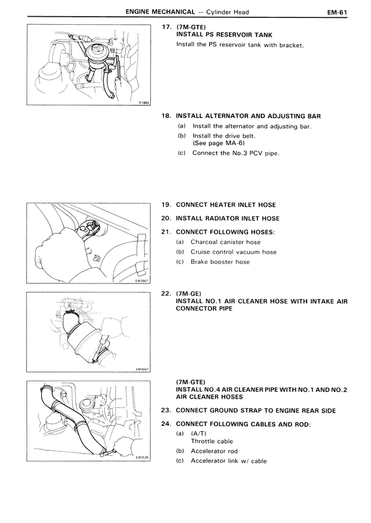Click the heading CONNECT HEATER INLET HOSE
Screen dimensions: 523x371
tap(225, 205)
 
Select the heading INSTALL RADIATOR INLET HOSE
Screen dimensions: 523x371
tap(227, 219)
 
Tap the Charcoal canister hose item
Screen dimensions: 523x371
tap(225, 242)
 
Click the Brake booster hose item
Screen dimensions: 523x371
tap(220, 262)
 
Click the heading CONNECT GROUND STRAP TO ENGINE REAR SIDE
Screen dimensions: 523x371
tap(255, 411)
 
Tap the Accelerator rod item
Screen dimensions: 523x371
tap(214, 451)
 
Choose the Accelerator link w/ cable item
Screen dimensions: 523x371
tap(228, 461)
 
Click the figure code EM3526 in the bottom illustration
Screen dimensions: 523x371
tap(142, 457)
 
